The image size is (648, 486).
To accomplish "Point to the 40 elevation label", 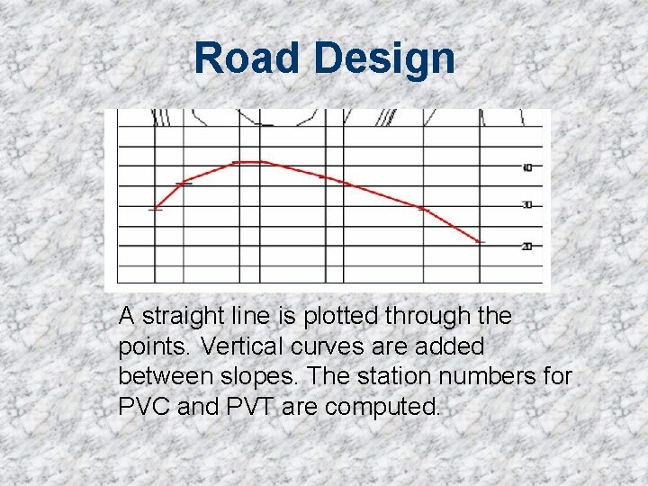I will point(527,166).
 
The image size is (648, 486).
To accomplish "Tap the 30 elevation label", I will point(527,205).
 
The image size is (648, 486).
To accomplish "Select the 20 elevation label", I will point(527,246).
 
